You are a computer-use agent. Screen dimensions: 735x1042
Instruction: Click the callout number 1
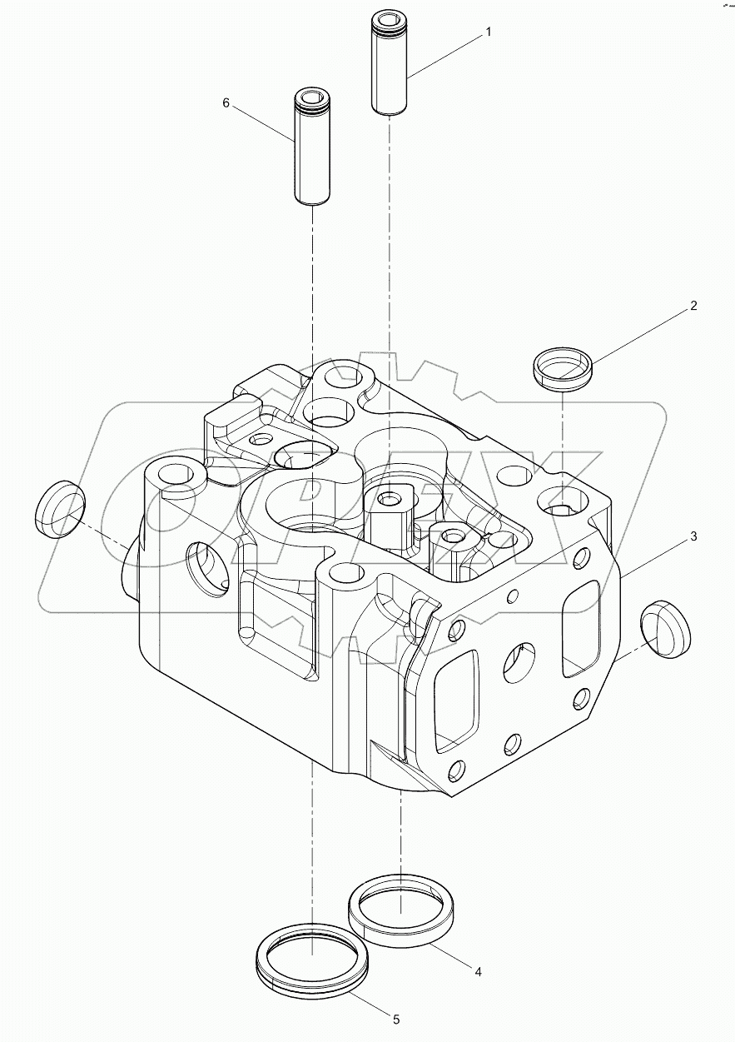click(x=488, y=32)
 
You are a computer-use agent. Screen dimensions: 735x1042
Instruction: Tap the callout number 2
click(x=693, y=306)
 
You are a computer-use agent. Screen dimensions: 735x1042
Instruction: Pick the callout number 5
click(x=395, y=1019)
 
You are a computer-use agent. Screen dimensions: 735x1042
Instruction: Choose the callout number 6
click(x=226, y=102)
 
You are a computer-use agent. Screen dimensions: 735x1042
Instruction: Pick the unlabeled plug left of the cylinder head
click(x=60, y=509)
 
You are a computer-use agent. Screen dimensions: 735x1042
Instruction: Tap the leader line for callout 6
click(x=263, y=126)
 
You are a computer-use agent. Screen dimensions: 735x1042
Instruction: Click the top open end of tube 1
click(x=386, y=17)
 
